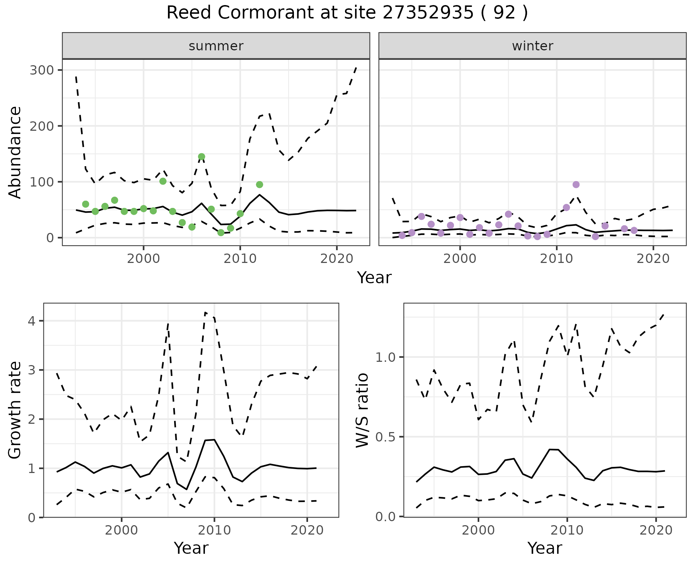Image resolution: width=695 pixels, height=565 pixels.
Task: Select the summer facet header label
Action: [216, 46]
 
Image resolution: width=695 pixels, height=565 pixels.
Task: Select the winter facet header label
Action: [532, 46]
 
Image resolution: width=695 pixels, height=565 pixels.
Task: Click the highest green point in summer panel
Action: [202, 157]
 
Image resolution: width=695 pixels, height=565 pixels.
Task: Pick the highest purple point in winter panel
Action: [576, 185]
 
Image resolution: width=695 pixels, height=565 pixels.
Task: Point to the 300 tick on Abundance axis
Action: [41, 70]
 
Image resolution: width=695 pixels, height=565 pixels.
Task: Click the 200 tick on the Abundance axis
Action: [41, 126]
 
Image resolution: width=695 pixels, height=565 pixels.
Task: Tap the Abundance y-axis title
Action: [15, 152]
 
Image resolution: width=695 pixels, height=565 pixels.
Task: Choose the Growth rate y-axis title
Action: [15, 410]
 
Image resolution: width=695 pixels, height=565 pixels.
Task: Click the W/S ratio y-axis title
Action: [362, 410]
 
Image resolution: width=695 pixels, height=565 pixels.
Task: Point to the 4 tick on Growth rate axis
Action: [31, 321]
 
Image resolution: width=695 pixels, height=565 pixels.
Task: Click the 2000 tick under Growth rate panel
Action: [122, 531]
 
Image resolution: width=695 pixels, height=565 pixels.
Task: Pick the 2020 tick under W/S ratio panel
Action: [656, 531]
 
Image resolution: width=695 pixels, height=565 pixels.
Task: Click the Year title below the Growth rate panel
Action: [191, 548]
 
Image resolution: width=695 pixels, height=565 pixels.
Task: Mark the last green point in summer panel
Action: [260, 185]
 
